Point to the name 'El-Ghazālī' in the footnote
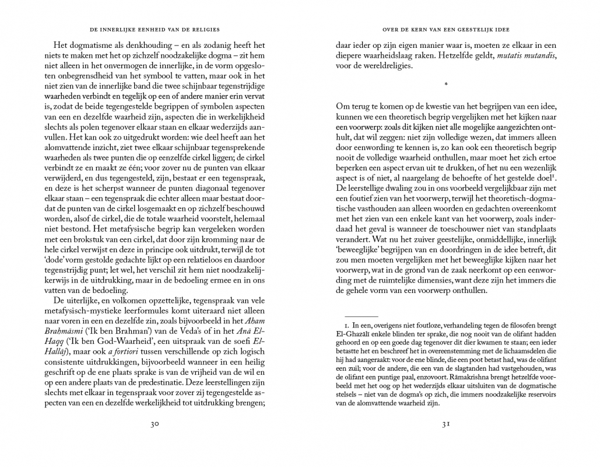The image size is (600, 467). (x=354, y=334)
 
